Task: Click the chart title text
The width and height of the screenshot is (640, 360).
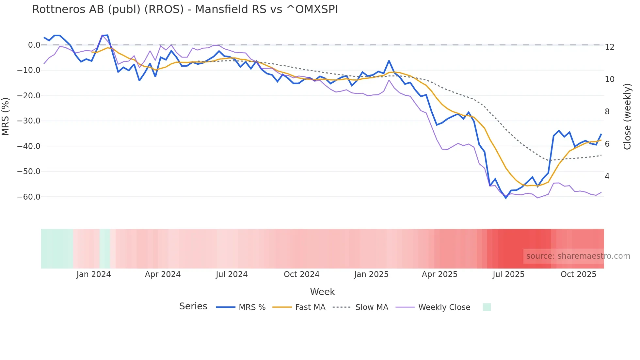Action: (x=185, y=9)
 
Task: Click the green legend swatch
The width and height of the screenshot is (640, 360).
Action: (x=487, y=307)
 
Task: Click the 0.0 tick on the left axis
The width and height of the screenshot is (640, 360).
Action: (x=34, y=45)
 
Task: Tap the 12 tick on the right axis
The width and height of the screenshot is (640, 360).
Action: (x=609, y=47)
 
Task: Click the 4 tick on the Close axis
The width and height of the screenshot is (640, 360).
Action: (x=607, y=176)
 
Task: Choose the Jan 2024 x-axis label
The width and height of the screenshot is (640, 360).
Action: (x=94, y=274)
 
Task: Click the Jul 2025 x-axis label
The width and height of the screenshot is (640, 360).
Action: (x=508, y=274)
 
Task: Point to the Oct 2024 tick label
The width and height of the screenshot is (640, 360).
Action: (x=301, y=274)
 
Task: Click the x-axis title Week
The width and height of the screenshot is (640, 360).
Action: (x=322, y=292)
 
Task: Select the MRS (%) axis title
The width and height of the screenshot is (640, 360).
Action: (x=6, y=116)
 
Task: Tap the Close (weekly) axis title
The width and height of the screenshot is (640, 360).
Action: (x=627, y=116)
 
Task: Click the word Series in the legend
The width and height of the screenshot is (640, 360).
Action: (x=193, y=306)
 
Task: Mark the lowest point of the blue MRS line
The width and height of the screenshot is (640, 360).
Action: (x=506, y=198)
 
